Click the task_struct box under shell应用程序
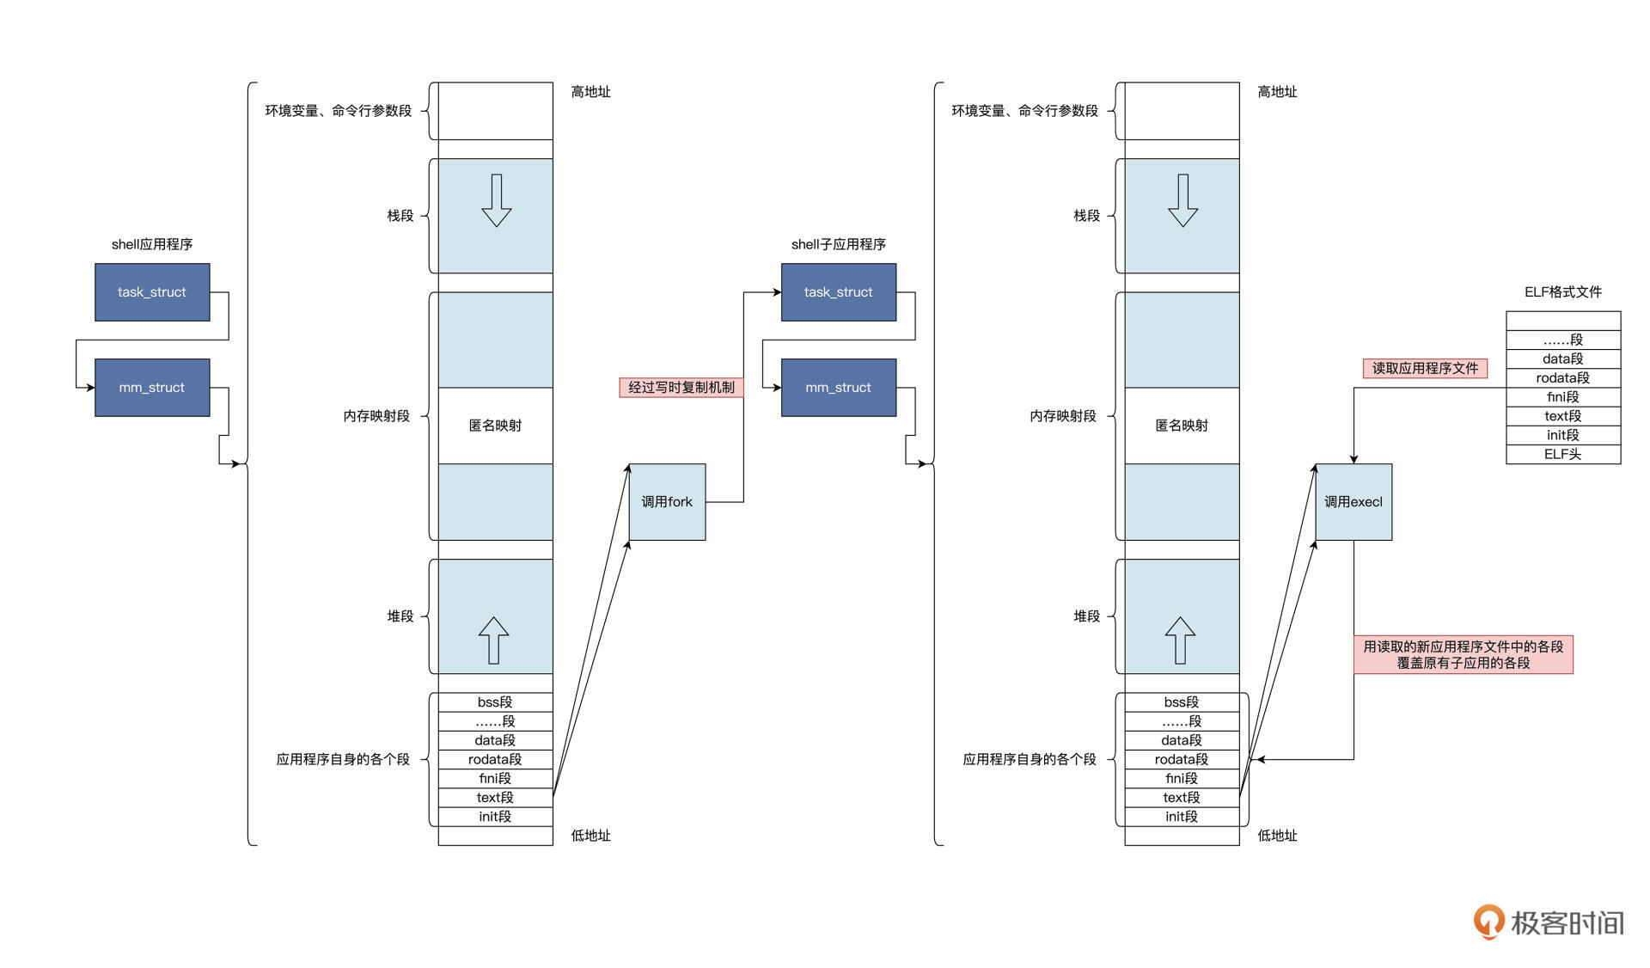click(x=152, y=292)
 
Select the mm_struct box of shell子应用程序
click(x=838, y=388)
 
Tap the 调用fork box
click(x=667, y=502)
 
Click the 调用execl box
click(x=1354, y=502)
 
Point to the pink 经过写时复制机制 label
click(x=681, y=388)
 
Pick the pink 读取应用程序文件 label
click(x=1425, y=369)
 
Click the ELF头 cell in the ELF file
click(x=1563, y=454)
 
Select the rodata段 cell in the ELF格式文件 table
click(x=1563, y=378)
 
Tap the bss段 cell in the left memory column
click(x=495, y=702)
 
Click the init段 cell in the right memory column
click(x=1182, y=817)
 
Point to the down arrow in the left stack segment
click(x=496, y=200)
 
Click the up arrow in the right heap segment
click(x=1180, y=640)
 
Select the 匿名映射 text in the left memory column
click(x=495, y=426)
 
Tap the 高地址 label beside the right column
click(x=1277, y=92)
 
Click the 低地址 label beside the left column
click(x=590, y=836)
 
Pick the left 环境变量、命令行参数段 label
click(x=338, y=111)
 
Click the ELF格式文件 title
click(x=1563, y=292)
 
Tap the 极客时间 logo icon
click(x=1489, y=922)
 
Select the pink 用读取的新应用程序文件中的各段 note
click(x=1464, y=655)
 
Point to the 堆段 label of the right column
click(x=1086, y=616)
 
